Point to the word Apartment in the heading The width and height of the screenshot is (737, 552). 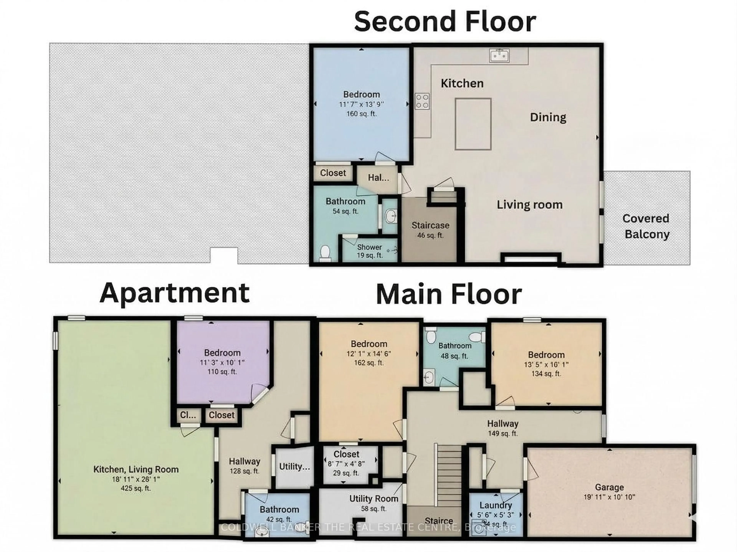pos(175,293)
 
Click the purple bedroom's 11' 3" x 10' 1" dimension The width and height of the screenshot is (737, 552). pos(222,362)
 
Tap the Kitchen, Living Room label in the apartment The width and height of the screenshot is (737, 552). pos(136,469)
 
